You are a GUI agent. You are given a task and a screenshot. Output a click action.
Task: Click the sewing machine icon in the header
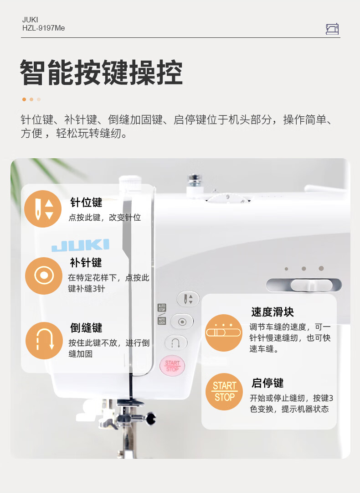pyautogui.click(x=332, y=29)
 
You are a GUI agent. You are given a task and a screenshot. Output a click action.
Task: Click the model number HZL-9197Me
pyautogui.click(x=44, y=28)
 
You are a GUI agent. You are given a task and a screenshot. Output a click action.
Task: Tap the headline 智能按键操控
pyautogui.click(x=101, y=73)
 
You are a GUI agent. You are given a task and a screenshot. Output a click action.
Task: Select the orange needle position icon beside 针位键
pyautogui.click(x=43, y=209)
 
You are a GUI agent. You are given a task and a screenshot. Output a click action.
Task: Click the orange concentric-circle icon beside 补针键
pyautogui.click(x=44, y=276)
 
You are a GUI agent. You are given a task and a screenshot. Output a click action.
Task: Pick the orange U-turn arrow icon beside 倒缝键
pyautogui.click(x=44, y=341)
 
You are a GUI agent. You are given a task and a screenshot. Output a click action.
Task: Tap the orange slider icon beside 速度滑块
pyautogui.click(x=224, y=332)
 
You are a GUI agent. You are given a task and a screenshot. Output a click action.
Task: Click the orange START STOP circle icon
pyautogui.click(x=224, y=392)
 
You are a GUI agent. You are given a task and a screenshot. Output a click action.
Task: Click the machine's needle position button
pyautogui.click(x=188, y=299)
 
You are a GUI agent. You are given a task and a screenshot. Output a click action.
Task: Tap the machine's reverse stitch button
pyautogui.click(x=176, y=343)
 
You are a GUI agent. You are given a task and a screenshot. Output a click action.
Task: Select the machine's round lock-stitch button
pyautogui.click(x=182, y=322)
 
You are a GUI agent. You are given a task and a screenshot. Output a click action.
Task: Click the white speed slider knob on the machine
pyautogui.click(x=311, y=285)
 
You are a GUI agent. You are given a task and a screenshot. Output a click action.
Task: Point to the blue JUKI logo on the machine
pyautogui.click(x=80, y=245)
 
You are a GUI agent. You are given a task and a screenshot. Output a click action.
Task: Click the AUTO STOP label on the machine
pyautogui.click(x=162, y=308)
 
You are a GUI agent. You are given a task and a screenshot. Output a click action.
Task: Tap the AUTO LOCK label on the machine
pyautogui.click(x=162, y=321)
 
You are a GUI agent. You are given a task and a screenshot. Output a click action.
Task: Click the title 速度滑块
pyautogui.click(x=273, y=312)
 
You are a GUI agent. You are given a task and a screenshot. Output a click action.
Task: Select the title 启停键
pyautogui.click(x=267, y=383)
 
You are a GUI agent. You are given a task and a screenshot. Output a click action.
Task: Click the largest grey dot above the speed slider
pyautogui.click(x=321, y=268)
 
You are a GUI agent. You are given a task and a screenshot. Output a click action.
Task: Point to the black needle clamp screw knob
pyautogui.click(x=151, y=418)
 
